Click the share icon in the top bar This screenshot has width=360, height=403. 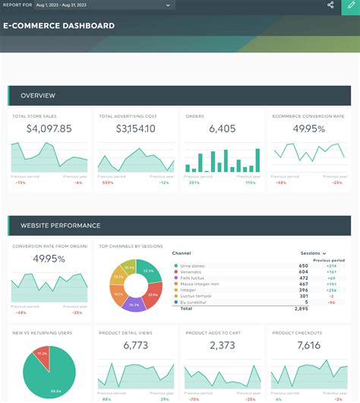click(x=330, y=5)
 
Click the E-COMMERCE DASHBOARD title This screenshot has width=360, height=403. click(x=59, y=26)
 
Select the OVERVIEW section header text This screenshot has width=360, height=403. click(x=38, y=96)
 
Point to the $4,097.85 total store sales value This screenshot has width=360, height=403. click(x=49, y=129)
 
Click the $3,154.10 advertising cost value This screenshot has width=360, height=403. click(x=135, y=129)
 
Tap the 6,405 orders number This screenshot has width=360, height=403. click(x=223, y=129)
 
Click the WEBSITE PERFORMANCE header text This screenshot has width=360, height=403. click(x=61, y=226)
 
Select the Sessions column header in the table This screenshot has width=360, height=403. click(x=311, y=253)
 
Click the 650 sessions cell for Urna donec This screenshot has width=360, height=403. click(x=303, y=265)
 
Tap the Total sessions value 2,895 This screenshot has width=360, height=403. click(x=301, y=309)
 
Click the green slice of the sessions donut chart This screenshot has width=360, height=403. click(x=149, y=271)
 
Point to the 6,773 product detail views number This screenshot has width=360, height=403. click(x=135, y=346)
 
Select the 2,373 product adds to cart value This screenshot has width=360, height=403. click(x=223, y=346)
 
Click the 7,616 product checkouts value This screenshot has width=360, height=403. click(x=309, y=346)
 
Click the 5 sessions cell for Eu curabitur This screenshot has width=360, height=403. click(x=306, y=302)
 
